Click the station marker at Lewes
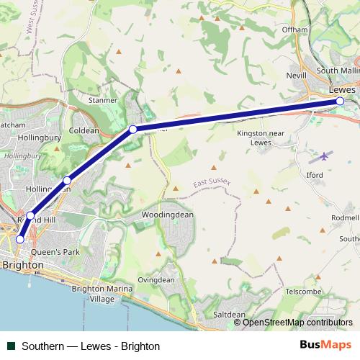click(340, 102)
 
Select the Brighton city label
click(23, 265)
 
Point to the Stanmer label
click(102, 100)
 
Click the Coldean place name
click(84, 130)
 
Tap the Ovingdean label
click(156, 280)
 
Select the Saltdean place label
click(230, 315)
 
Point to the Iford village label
click(315, 174)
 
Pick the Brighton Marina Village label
click(102, 293)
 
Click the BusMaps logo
click(325, 345)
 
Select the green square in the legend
click(11, 346)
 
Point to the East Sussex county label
click(211, 185)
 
